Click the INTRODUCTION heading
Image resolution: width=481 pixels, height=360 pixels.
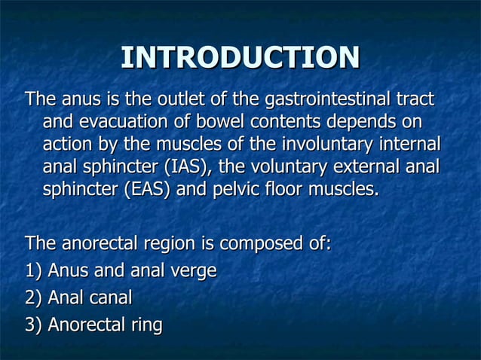pyautogui.click(x=240, y=58)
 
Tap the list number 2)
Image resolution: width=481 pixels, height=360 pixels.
pyautogui.click(x=34, y=298)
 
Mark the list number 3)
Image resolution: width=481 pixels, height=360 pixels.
pyautogui.click(x=34, y=325)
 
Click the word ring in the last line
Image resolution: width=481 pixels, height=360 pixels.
pyautogui.click(x=146, y=325)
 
